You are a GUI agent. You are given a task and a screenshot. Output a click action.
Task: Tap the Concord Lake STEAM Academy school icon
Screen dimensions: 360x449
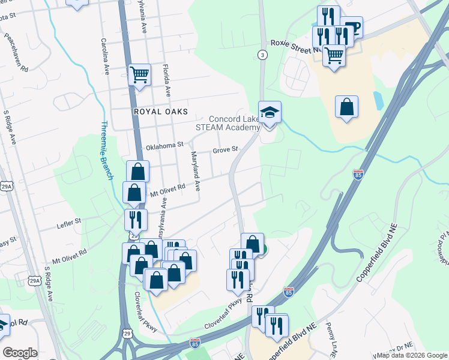coord(270,112)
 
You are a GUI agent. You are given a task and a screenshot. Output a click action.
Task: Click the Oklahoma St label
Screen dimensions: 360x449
coord(164,145)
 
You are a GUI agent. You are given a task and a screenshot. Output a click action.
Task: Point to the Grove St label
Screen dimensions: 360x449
coord(226,150)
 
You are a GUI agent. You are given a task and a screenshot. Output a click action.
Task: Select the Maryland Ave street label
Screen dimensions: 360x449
coord(196,170)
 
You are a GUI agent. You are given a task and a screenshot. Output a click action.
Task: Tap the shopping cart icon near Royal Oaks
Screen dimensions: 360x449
coord(139,75)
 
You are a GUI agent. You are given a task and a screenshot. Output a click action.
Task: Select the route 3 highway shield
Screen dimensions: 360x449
coord(262,55)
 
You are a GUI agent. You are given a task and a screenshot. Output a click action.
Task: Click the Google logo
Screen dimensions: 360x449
coord(20,353)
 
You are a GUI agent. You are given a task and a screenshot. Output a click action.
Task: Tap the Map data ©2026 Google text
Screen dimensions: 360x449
coord(412,355)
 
